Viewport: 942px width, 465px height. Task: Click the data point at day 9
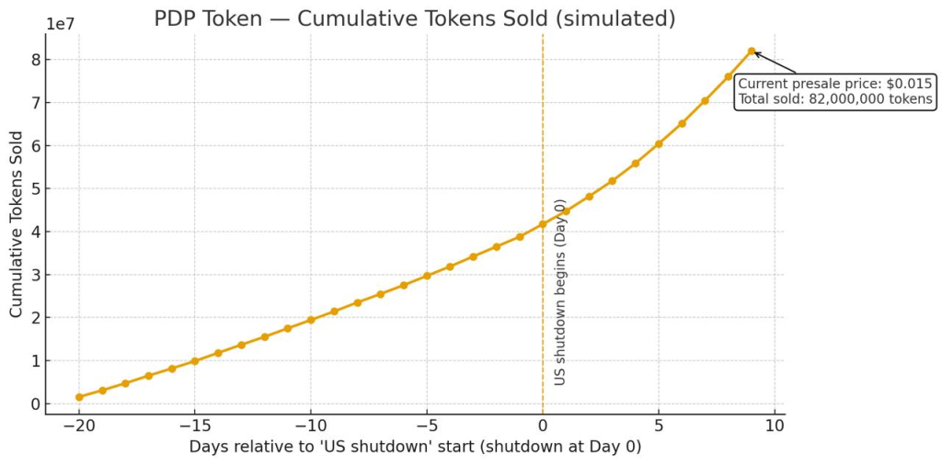[x=752, y=51]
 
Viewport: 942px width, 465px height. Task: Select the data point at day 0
[x=543, y=223]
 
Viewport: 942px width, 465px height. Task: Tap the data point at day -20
[x=79, y=397]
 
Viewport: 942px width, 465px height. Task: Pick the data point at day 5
[x=659, y=143]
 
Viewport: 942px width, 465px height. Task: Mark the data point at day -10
[x=311, y=320]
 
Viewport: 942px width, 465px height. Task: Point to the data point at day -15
[x=195, y=361]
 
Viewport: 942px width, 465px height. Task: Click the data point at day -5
[x=427, y=276]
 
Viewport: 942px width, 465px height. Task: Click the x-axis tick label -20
[x=79, y=425]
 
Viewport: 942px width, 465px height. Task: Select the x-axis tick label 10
[x=775, y=425]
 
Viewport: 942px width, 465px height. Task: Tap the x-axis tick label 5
[x=659, y=425]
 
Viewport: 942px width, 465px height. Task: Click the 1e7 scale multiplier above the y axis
[x=62, y=22]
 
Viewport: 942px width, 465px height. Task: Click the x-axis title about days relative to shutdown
[x=415, y=448]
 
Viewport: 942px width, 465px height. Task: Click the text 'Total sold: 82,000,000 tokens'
[x=835, y=99]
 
